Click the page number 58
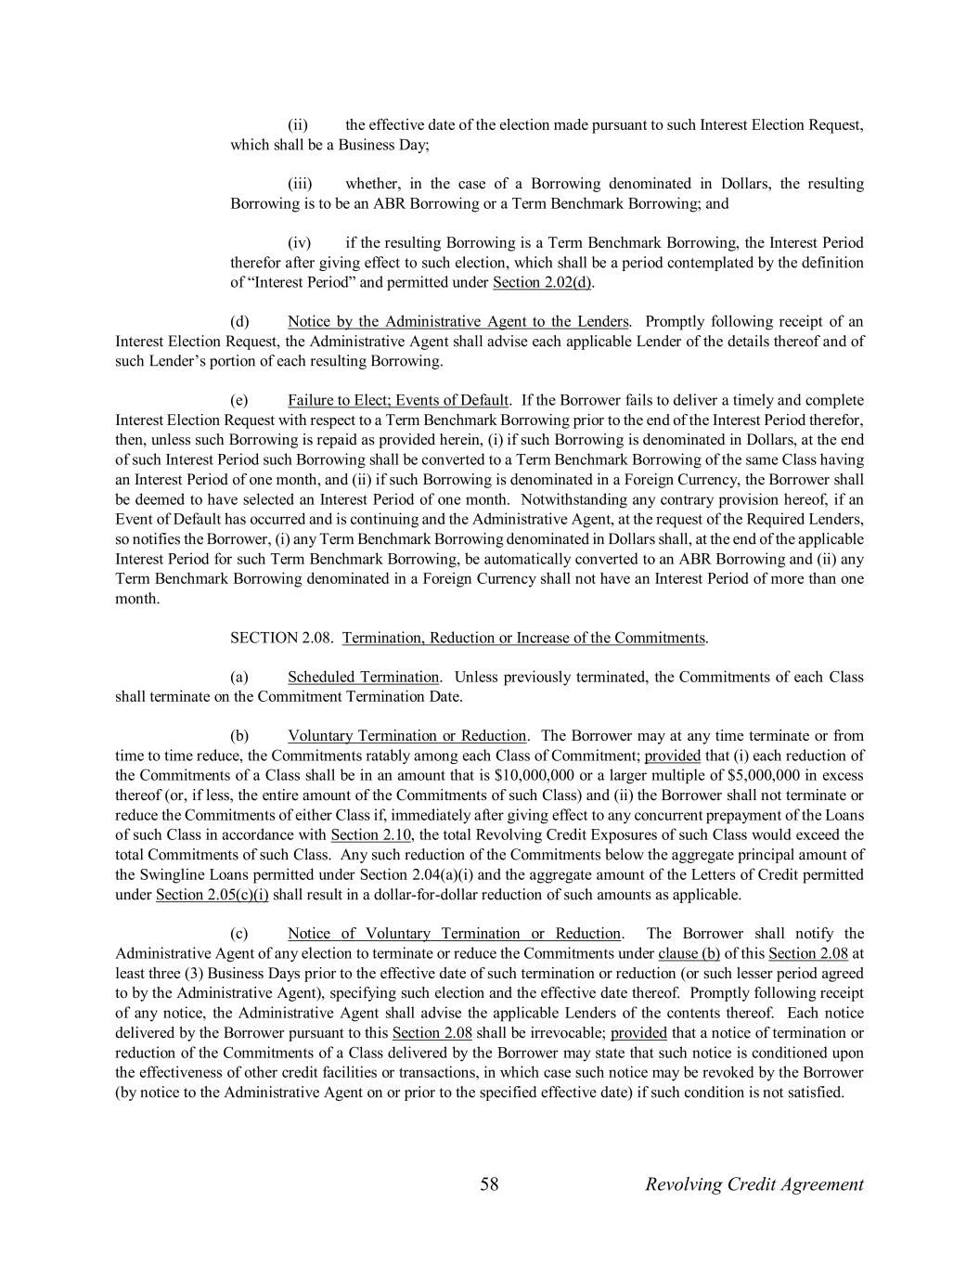coord(489,1183)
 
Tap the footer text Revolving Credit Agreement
coord(754,1183)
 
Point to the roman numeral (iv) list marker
coord(299,243)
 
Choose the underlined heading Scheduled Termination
coord(363,677)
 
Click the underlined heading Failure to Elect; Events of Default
coord(398,400)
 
